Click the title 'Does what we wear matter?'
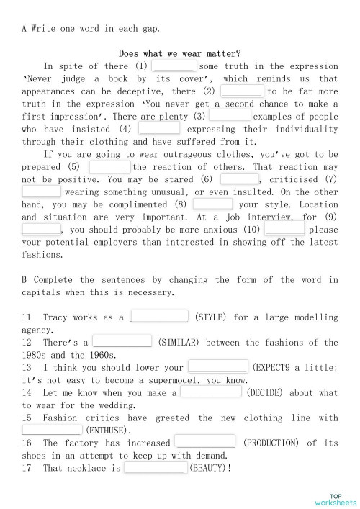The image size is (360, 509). point(179,53)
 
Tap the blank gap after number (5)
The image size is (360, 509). point(109,167)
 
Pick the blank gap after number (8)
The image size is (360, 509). point(212,204)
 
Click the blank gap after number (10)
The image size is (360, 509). point(284,229)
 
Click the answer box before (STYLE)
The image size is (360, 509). point(160,316)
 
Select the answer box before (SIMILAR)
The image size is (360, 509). point(122,341)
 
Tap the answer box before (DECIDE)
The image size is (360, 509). point(211,392)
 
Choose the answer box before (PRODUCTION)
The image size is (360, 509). point(204,442)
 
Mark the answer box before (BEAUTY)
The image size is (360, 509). point(156,468)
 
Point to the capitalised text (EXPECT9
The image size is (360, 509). point(282,367)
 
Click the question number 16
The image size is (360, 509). point(27,443)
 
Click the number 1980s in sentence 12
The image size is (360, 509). point(37,355)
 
